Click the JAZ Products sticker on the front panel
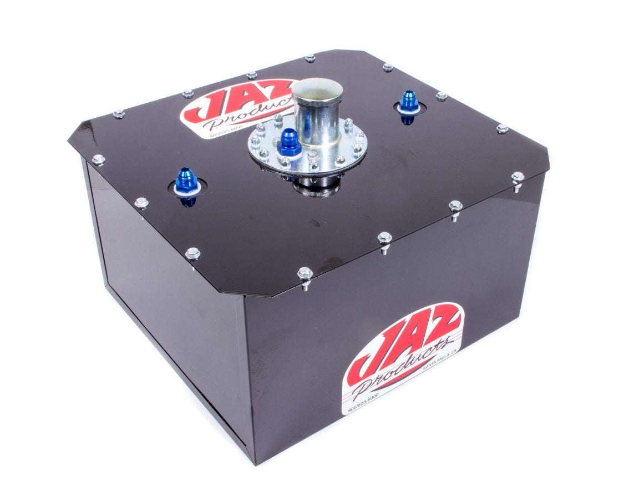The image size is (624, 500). pyautogui.click(x=402, y=356)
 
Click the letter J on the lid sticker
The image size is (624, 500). pyautogui.click(x=202, y=106)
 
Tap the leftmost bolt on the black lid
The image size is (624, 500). pyautogui.click(x=99, y=160)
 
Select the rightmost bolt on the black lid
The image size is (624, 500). pyautogui.click(x=518, y=178)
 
